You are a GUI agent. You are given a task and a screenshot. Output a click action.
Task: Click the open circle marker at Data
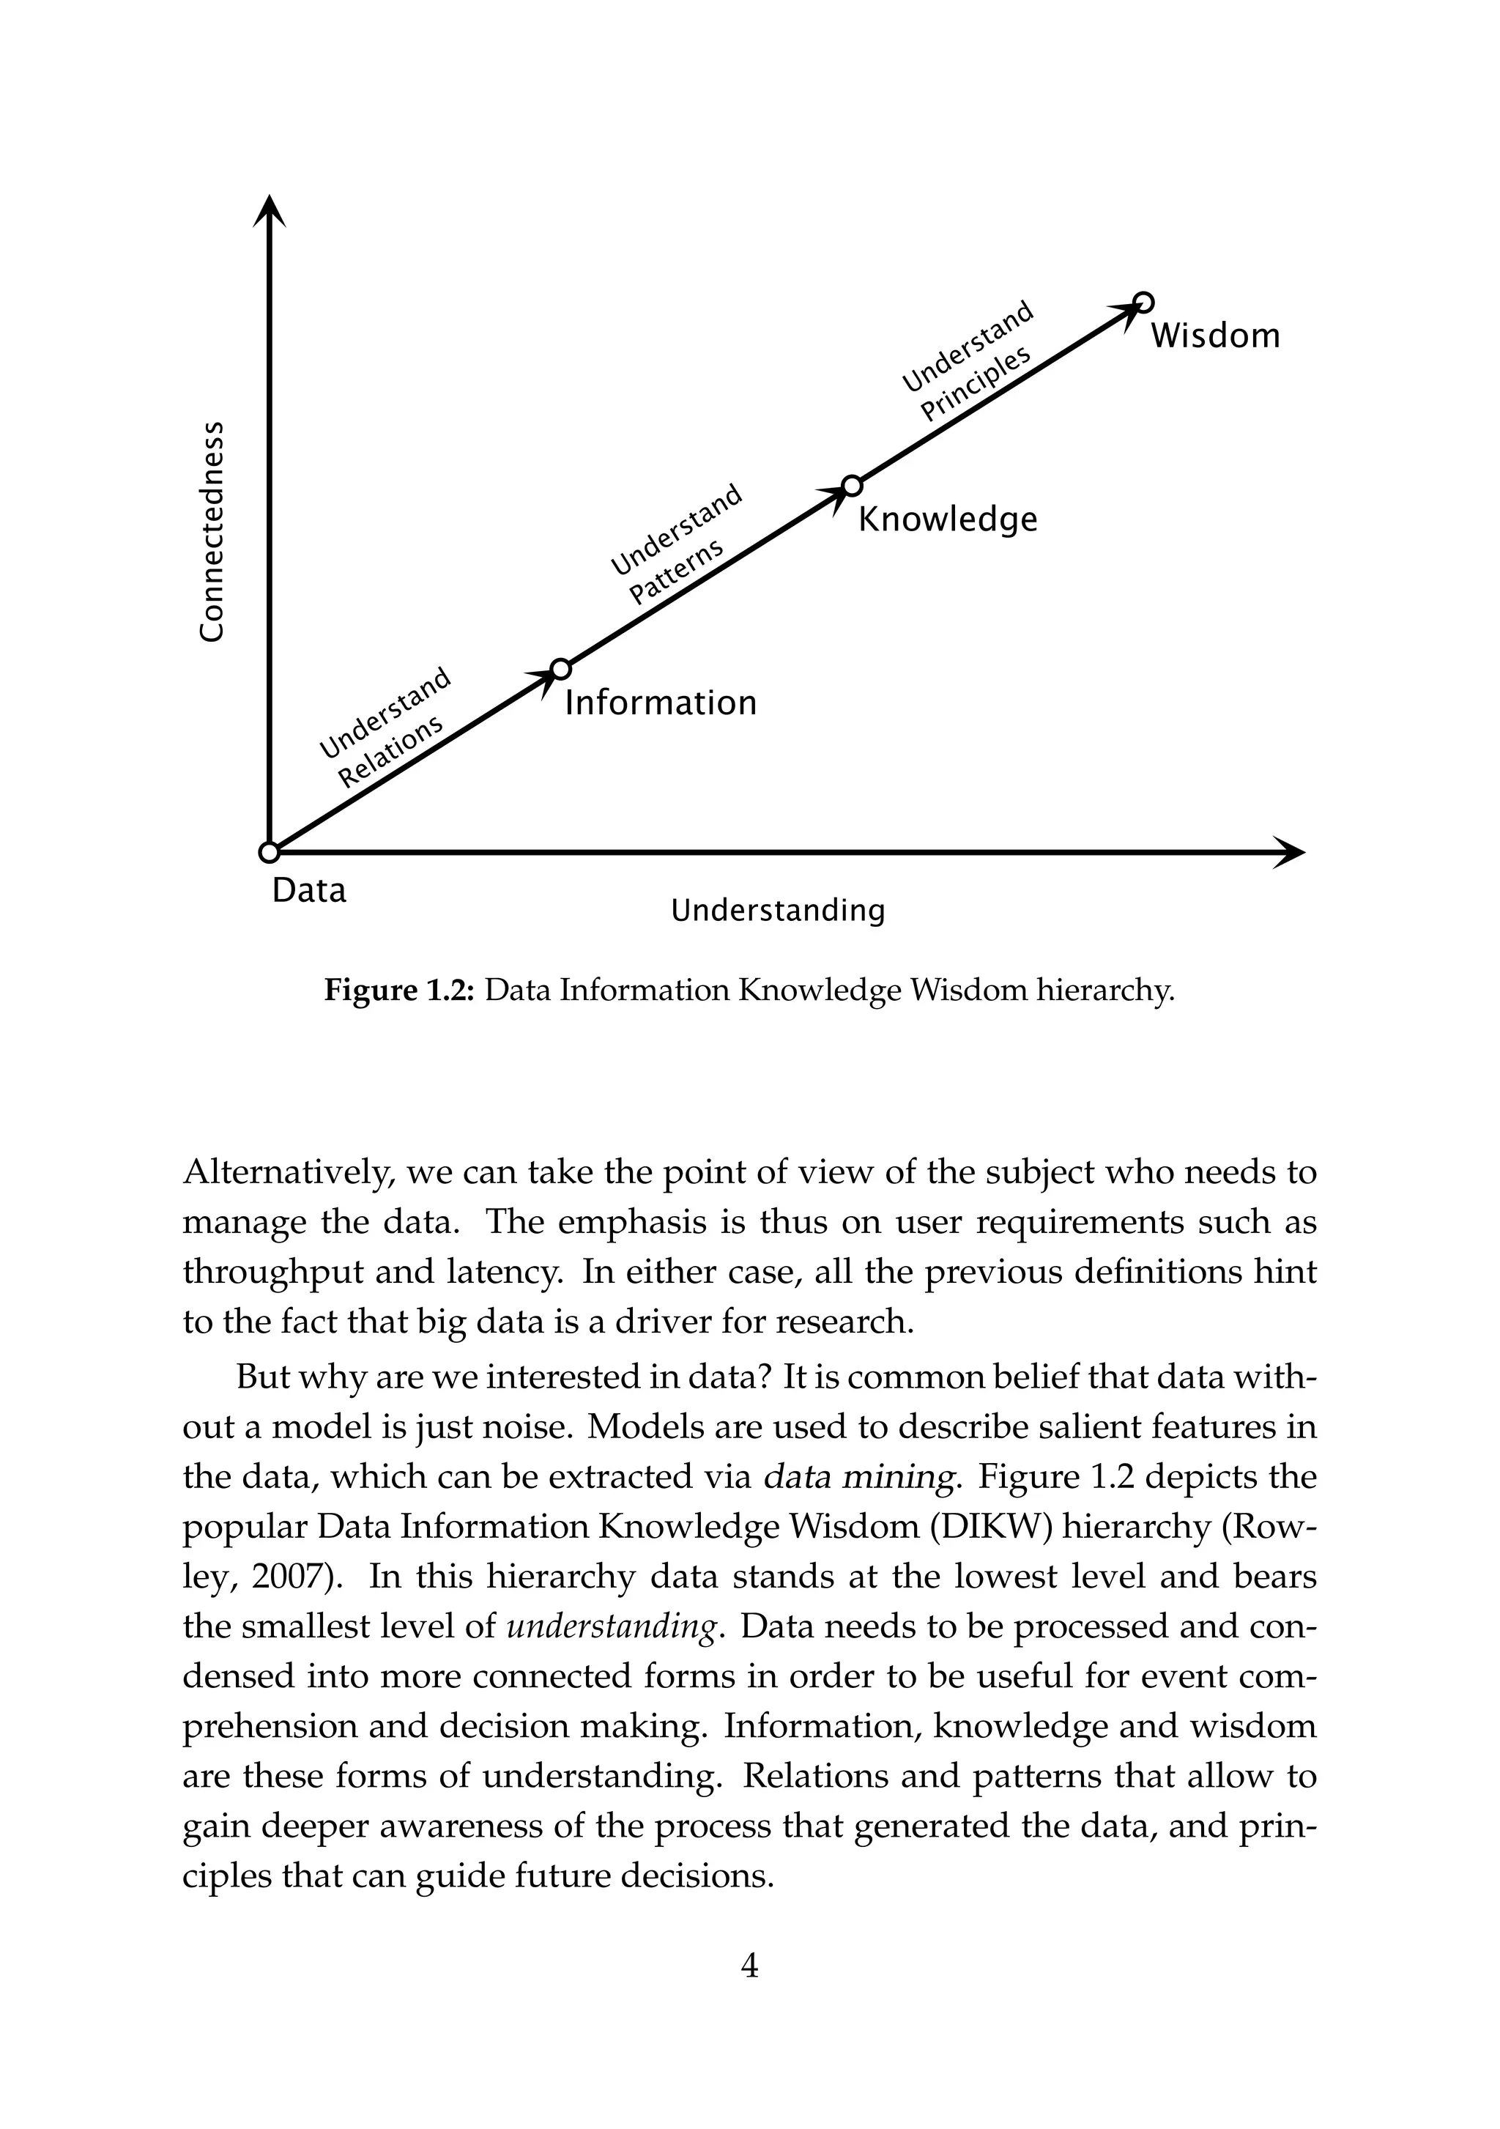[x=269, y=852]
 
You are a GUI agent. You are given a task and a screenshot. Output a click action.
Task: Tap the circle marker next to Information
[x=560, y=669]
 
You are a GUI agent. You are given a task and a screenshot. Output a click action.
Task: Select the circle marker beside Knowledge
[x=852, y=486]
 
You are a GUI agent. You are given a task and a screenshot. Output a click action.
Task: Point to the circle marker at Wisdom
[x=1144, y=303]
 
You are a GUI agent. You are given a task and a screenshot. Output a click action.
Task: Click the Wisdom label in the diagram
[x=1214, y=336]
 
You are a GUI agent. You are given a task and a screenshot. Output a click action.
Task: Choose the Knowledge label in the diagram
[x=948, y=519]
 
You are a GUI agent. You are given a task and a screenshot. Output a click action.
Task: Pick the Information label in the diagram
[x=660, y=703]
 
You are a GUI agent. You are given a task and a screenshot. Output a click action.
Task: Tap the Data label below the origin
[x=308, y=890]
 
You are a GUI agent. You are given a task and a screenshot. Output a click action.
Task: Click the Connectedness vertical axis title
[x=212, y=530]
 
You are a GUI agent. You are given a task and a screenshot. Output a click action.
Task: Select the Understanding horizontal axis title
[x=778, y=911]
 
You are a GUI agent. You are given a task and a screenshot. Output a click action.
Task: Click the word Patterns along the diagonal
[x=676, y=572]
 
